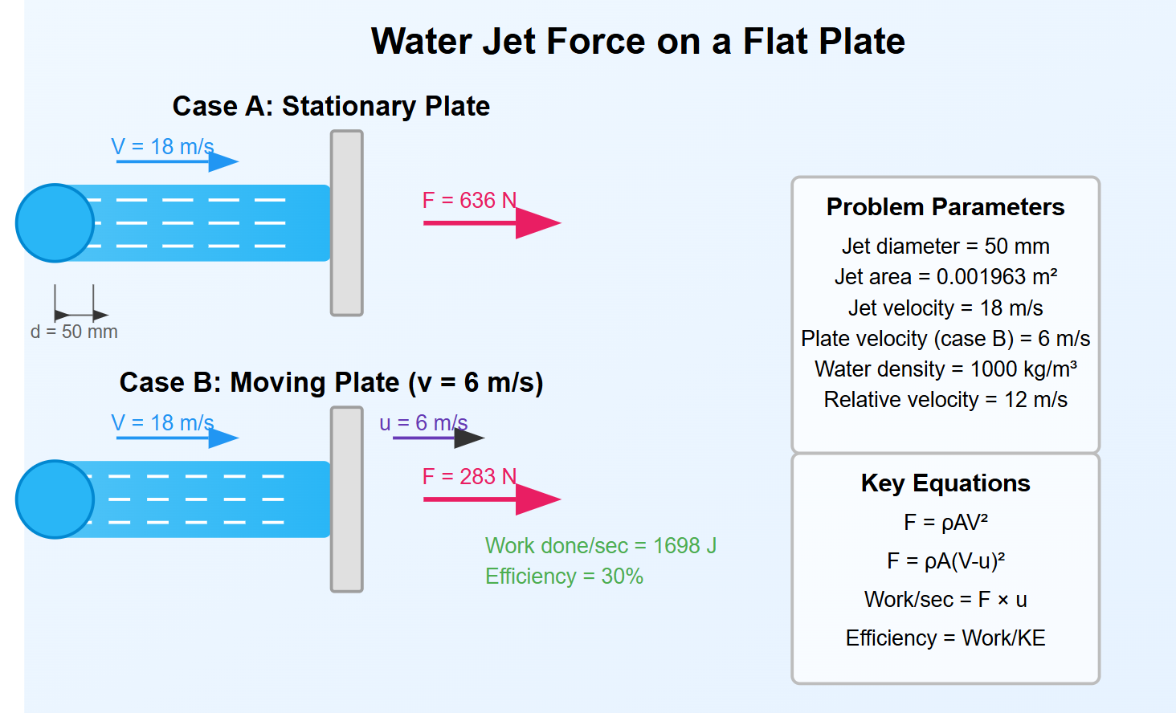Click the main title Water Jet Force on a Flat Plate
pyautogui.click(x=638, y=41)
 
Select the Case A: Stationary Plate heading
pyautogui.click(x=331, y=106)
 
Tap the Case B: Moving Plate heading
pyautogui.click(x=331, y=382)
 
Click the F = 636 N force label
pyautogui.click(x=469, y=200)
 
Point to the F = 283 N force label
pyautogui.click(x=469, y=476)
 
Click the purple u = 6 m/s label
pyautogui.click(x=423, y=422)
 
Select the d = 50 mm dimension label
pyautogui.click(x=74, y=332)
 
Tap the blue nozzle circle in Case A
pyautogui.click(x=55, y=223)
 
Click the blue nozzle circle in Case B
pyautogui.click(x=55, y=499)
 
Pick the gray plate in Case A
pyautogui.click(x=347, y=223)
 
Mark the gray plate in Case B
pyautogui.click(x=347, y=499)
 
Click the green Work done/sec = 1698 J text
pyautogui.click(x=601, y=546)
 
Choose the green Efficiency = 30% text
pyautogui.click(x=564, y=577)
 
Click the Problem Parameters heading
pyautogui.click(x=945, y=207)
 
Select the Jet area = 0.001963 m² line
pyautogui.click(x=945, y=277)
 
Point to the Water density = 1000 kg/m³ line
pyautogui.click(x=945, y=369)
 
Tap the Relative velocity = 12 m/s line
pyautogui.click(x=945, y=400)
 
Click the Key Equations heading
pyautogui.click(x=945, y=483)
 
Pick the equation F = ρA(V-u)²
pyautogui.click(x=945, y=560)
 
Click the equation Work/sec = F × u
pyautogui.click(x=945, y=600)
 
